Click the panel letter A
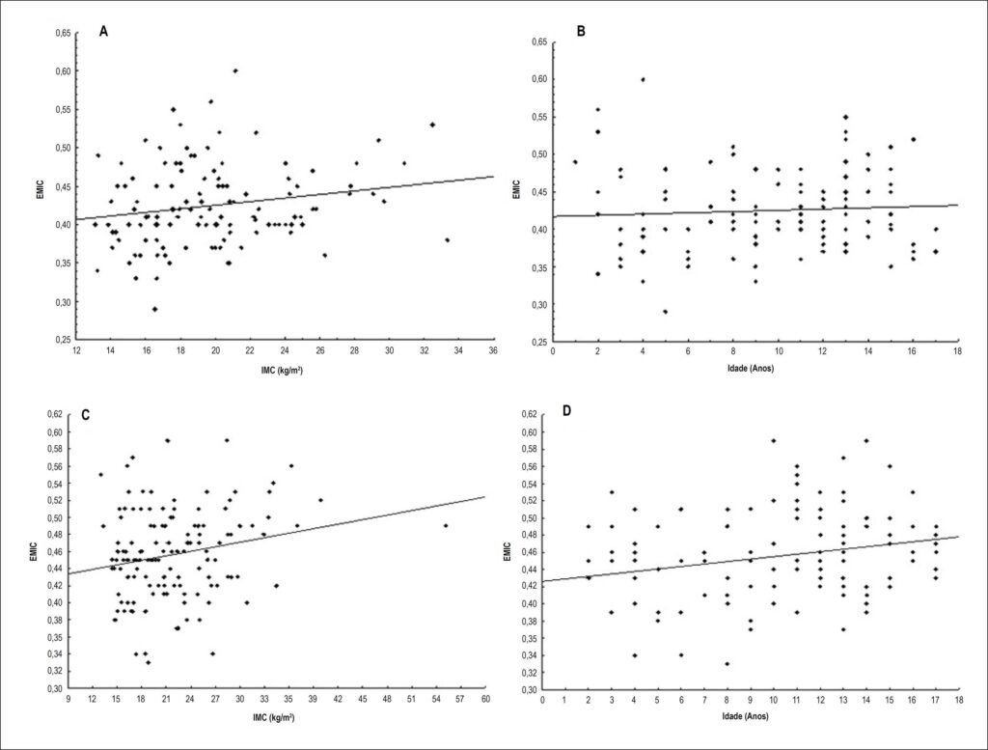(x=104, y=32)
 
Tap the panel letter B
(x=581, y=32)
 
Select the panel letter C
(x=86, y=415)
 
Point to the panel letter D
(x=566, y=411)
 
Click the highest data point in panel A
(x=235, y=70)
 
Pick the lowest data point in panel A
(x=154, y=309)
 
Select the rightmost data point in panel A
(x=447, y=240)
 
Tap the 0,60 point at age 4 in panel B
(x=643, y=79)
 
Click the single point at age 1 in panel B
(x=575, y=162)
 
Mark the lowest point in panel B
(x=665, y=312)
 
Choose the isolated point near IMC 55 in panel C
(x=446, y=526)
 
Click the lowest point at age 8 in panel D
(x=727, y=664)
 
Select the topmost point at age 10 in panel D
(x=773, y=440)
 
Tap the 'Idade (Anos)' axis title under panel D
(x=746, y=716)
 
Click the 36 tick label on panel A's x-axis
(x=493, y=350)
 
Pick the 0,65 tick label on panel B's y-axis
(x=538, y=42)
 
